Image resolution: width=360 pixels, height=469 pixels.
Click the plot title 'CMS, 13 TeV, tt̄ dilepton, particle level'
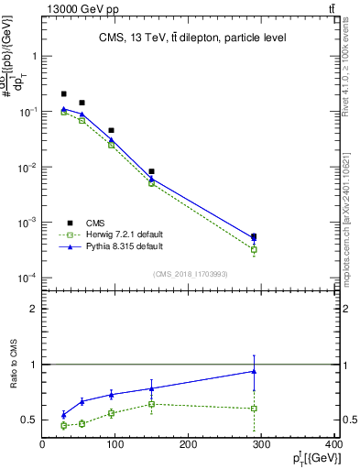pyautogui.click(x=192, y=38)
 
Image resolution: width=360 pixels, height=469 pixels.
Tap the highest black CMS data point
pyautogui.click(x=63, y=94)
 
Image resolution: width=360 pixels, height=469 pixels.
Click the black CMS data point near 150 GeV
pyautogui.click(x=151, y=171)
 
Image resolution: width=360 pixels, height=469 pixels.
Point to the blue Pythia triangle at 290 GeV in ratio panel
pyautogui.click(x=254, y=371)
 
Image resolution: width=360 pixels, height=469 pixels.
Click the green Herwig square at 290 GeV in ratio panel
pyautogui.click(x=254, y=409)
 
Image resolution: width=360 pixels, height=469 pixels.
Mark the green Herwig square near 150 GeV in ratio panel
pyautogui.click(x=151, y=404)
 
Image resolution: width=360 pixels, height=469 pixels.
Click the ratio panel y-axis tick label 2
pyautogui.click(x=33, y=309)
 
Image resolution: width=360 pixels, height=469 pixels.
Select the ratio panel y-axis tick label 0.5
pyautogui.click(x=29, y=420)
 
